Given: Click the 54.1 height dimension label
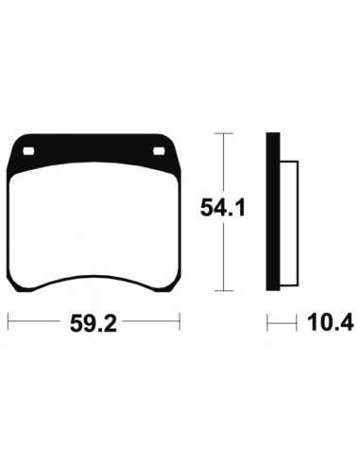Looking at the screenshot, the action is (x=223, y=208).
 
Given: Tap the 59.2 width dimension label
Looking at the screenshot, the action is (x=94, y=323).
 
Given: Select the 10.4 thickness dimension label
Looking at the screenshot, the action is (x=331, y=322).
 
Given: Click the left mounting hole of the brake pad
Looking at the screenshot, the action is (x=28, y=151).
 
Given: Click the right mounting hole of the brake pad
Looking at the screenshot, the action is (x=159, y=151).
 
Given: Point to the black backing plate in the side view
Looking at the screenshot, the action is (x=273, y=212).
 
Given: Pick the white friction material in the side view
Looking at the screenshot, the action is (x=289, y=223).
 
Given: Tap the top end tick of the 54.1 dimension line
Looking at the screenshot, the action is (x=223, y=133).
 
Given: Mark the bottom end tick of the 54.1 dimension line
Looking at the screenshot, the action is (x=224, y=290).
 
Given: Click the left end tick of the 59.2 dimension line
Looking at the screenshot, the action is (x=8, y=321).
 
